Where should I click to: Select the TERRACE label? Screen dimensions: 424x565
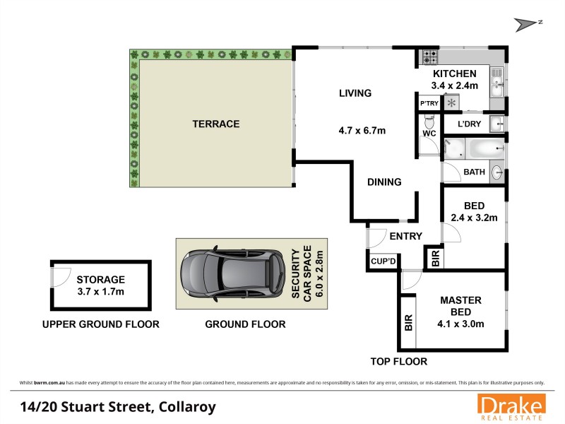(x=216, y=124)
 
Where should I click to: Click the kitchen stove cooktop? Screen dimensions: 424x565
(x=429, y=56)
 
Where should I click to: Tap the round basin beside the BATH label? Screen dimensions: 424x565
(x=498, y=171)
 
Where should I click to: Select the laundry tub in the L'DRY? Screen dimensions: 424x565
(x=498, y=124)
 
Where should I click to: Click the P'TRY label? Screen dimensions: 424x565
(x=429, y=104)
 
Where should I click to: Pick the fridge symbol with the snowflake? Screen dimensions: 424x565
(x=451, y=103)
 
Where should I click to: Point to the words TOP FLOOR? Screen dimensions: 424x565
(x=399, y=362)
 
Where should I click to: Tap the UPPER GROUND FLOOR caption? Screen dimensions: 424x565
(x=100, y=324)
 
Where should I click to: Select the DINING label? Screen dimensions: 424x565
(x=384, y=182)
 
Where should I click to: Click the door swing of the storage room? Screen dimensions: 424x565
(x=61, y=274)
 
